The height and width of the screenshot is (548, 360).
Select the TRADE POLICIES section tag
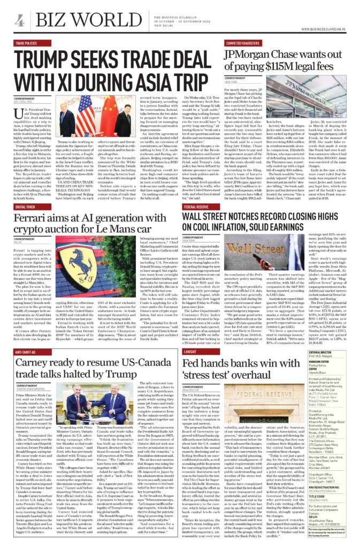click(x=26, y=42)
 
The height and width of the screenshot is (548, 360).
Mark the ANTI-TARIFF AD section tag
click(x=26, y=351)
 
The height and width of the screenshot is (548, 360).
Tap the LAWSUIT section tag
click(x=190, y=352)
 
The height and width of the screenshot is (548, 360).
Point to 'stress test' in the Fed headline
click(x=213, y=377)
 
